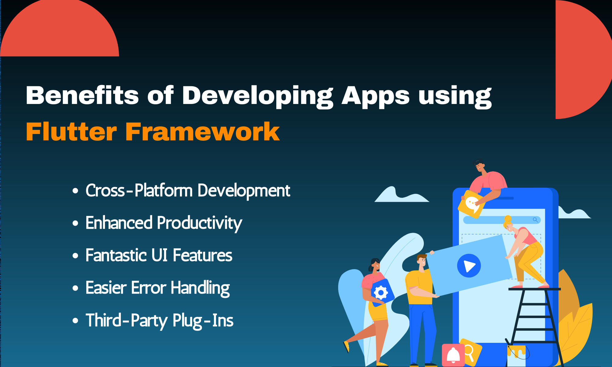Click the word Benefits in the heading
click(x=82, y=96)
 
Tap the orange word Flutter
click(x=71, y=132)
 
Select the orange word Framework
click(x=202, y=132)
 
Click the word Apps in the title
click(x=375, y=96)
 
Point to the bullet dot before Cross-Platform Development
click(x=75, y=191)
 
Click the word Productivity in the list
click(x=199, y=223)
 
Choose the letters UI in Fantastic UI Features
click(x=159, y=255)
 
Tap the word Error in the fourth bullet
click(x=148, y=288)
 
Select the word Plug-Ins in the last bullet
click(x=203, y=321)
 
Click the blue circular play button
click(x=469, y=266)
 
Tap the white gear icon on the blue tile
click(x=381, y=293)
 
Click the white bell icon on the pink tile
click(x=453, y=355)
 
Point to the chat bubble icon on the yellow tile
click(x=472, y=204)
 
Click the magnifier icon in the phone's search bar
click(x=535, y=220)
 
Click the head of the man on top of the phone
click(x=479, y=166)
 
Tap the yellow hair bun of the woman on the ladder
click(x=508, y=219)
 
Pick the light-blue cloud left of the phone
click(x=398, y=196)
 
